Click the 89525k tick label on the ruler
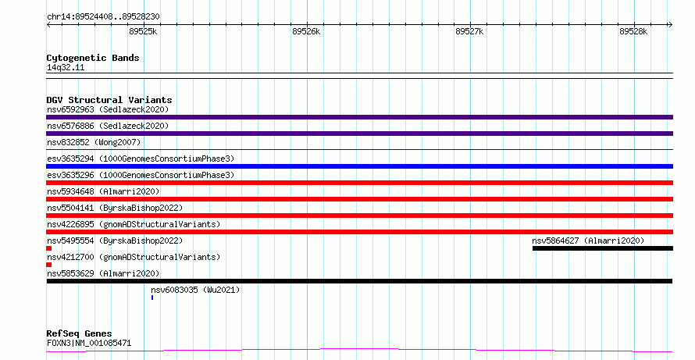coord(143,31)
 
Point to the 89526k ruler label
coord(306,31)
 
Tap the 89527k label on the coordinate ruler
coord(469,31)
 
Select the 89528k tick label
coord(633,31)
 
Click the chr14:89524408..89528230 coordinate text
coord(103,17)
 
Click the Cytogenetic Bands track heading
coord(93,58)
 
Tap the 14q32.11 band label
coord(66,67)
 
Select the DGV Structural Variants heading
coord(109,100)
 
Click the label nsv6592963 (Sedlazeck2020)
coord(108,109)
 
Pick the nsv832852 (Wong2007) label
coord(94,142)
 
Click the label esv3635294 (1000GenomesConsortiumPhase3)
coord(141,159)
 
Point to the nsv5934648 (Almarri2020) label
coord(103,191)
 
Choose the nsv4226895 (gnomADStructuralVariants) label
coord(134,224)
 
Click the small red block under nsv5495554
coord(48,248)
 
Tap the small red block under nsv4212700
coord(48,265)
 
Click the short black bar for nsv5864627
coord(603,248)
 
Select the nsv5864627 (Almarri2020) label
coord(588,241)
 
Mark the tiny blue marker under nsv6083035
coord(152,298)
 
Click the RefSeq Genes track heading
coord(79,333)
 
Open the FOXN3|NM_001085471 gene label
coord(89,343)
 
